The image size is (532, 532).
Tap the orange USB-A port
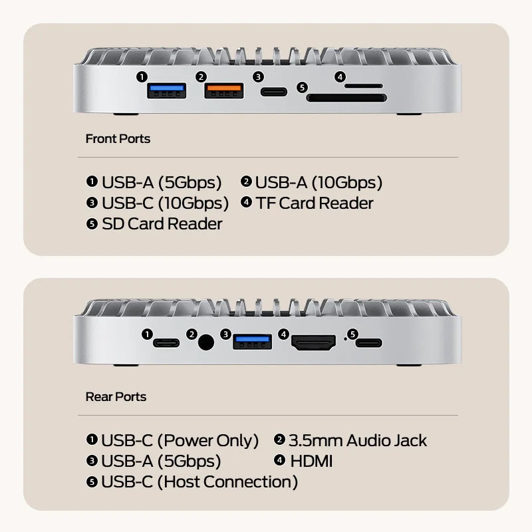pos(224,92)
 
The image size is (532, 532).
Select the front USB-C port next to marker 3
pos(275,92)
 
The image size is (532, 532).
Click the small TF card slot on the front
pos(364,86)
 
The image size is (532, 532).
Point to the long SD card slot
pos(346,98)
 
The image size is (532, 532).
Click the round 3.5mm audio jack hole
pos(207,343)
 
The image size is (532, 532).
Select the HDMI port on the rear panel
pos(314,343)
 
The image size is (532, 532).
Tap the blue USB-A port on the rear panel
pos(252,342)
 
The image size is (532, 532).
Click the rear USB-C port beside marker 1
pos(166,343)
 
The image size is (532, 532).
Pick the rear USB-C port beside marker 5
pos(368,343)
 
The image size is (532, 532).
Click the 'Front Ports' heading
pos(118,139)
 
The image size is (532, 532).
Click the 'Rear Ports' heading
pos(116,397)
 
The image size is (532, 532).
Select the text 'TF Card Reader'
pos(314,203)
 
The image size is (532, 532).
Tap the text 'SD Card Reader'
pos(162,224)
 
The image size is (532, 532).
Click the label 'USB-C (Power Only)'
pos(180,440)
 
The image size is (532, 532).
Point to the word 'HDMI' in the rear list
pos(311,461)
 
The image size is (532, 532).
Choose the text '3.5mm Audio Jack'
pos(357,440)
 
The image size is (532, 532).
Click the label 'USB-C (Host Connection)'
pos(199,481)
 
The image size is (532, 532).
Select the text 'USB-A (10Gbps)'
pos(319,182)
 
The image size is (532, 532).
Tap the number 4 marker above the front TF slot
pos(340,77)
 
